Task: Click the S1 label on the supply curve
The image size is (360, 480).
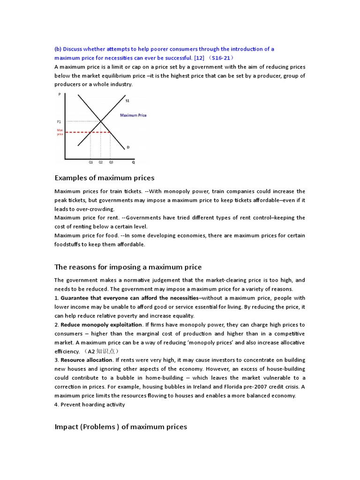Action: pos(127,100)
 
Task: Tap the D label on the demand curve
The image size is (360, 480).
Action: pos(127,147)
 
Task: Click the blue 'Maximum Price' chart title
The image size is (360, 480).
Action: pos(133,115)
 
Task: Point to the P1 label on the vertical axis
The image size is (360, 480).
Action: pos(59,121)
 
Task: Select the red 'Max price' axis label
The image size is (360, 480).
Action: pos(60,132)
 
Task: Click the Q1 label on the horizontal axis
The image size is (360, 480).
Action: pos(90,162)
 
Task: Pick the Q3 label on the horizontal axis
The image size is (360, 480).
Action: pos(111,162)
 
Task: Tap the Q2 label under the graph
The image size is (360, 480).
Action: pos(100,162)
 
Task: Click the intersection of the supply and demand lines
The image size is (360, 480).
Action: pos(101,121)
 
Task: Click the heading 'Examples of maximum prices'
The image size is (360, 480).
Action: pos(104,178)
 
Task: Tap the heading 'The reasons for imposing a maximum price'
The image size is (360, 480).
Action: pos(128,267)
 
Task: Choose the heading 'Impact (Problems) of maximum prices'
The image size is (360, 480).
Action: pos(120,427)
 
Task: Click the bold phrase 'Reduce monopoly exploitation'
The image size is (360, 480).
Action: pos(101,324)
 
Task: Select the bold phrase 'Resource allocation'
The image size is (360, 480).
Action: pos(87,360)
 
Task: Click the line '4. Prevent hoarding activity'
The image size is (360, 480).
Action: pos(90,404)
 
